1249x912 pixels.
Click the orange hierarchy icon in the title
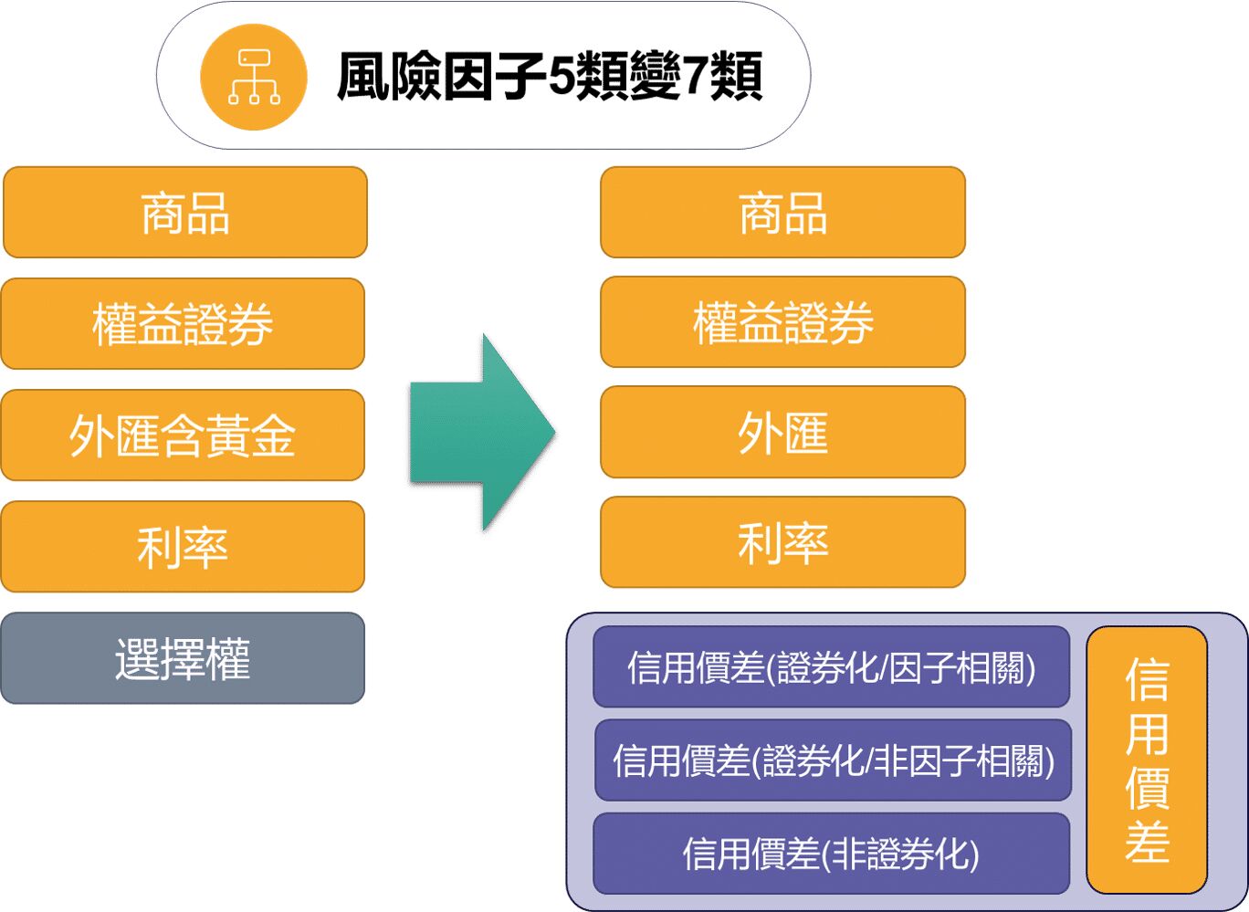tap(254, 77)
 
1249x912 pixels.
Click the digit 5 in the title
tap(560, 77)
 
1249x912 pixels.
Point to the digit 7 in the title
tap(696, 77)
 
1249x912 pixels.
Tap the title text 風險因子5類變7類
tap(550, 77)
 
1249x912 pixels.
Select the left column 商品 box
tap(185, 213)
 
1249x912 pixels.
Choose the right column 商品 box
tap(782, 213)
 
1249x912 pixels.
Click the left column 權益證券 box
tap(183, 324)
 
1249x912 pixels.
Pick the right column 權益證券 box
tap(782, 322)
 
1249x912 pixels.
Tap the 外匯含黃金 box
tap(183, 435)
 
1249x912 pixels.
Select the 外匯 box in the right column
tap(782, 433)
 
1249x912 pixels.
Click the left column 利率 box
tap(183, 547)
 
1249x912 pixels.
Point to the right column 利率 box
tap(782, 542)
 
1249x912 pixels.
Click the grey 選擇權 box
tap(183, 658)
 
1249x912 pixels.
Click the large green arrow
tap(482, 432)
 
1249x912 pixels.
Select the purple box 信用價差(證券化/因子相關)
tap(831, 667)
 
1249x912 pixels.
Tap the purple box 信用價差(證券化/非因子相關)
tap(833, 760)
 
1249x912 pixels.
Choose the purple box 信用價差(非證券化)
tap(831, 854)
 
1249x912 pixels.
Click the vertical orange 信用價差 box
tap(1147, 760)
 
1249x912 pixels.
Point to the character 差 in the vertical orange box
tap(1147, 842)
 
